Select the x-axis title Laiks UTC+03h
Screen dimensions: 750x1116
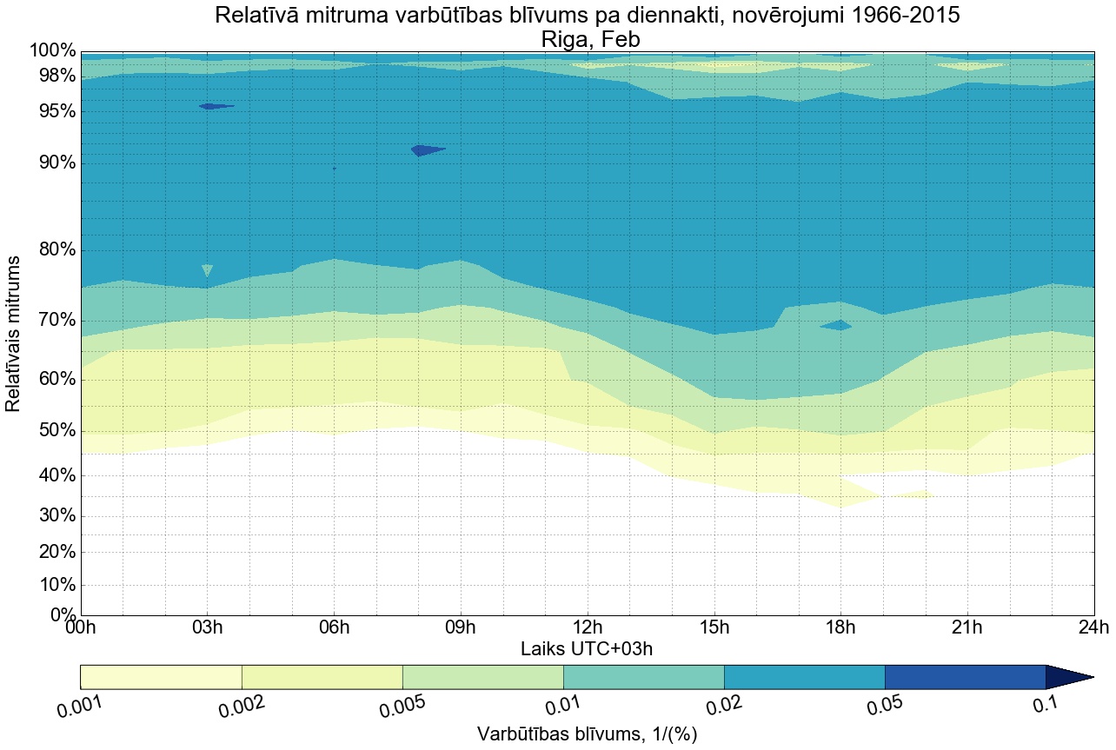coord(587,649)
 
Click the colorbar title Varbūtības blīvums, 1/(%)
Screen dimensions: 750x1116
coord(588,734)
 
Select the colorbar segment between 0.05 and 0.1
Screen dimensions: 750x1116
coord(965,677)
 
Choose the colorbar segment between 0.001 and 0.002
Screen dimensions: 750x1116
coord(161,677)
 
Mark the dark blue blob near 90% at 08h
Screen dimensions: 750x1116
coord(426,150)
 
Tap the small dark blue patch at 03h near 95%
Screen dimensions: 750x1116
coord(214,106)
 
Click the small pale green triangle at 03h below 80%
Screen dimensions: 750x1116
coord(207,269)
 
